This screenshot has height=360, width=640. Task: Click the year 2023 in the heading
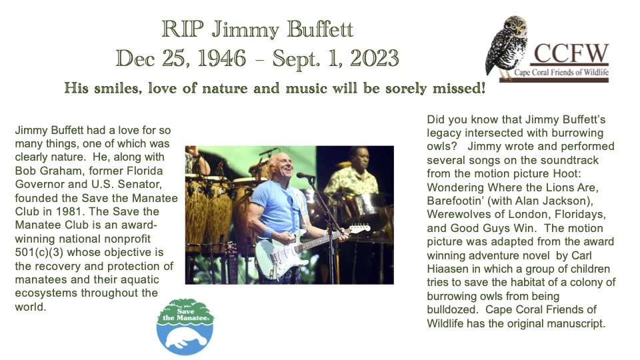(x=374, y=59)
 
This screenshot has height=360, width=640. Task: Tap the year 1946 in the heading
(x=221, y=59)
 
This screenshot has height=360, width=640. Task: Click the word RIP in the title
(x=183, y=29)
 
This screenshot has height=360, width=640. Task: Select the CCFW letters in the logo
(x=571, y=53)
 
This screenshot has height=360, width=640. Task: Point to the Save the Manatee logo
(x=185, y=327)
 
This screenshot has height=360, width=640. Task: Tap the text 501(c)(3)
(x=39, y=252)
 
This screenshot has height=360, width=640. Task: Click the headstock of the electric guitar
(x=360, y=229)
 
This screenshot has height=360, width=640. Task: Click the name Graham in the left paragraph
(x=59, y=171)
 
